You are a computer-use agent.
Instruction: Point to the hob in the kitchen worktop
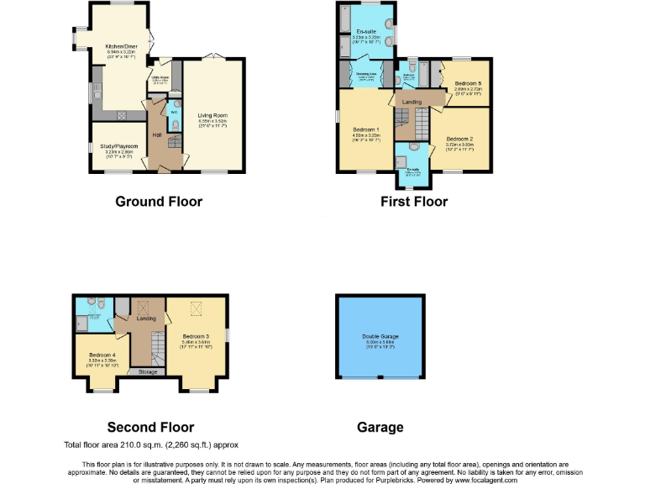[x=121, y=115]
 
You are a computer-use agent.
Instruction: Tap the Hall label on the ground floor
[x=156, y=134]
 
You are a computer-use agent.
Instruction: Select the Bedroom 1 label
[x=365, y=129]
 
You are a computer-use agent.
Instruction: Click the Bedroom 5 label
[x=468, y=84]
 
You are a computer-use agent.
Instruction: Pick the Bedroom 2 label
[x=459, y=139]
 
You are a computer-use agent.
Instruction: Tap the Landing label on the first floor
[x=412, y=102]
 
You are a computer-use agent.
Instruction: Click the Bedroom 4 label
[x=102, y=355]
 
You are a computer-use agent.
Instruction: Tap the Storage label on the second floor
[x=147, y=371]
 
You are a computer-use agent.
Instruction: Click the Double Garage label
[x=380, y=336]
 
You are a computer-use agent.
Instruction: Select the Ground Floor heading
[x=159, y=201]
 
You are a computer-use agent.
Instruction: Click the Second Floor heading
[x=150, y=427]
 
